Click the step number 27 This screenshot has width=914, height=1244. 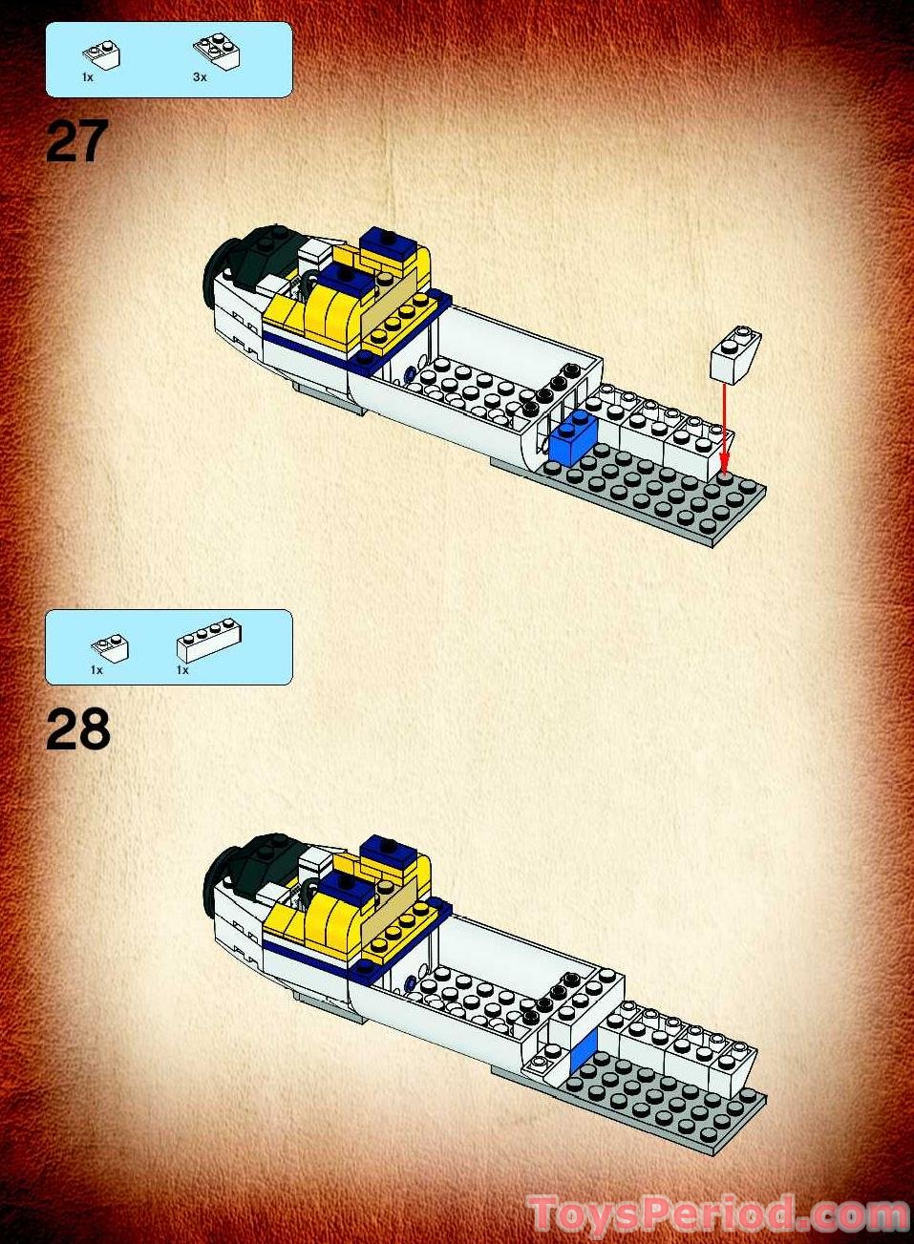[77, 142]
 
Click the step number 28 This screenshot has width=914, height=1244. [78, 730]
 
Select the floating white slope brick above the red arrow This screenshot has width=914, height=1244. [735, 355]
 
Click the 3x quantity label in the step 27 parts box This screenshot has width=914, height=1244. [200, 77]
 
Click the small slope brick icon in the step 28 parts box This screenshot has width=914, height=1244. [110, 646]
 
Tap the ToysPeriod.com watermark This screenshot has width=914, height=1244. [716, 1214]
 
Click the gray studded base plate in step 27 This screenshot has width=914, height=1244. [659, 496]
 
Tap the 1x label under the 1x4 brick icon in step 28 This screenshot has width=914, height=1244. [182, 670]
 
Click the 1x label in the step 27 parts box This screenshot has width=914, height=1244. [88, 77]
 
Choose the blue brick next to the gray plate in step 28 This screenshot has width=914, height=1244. [583, 1050]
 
